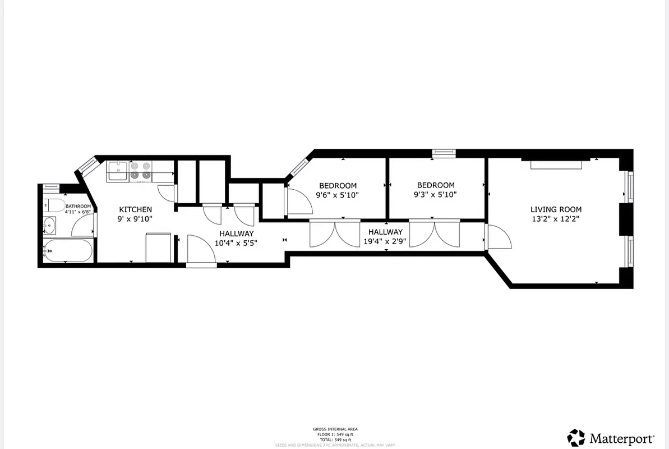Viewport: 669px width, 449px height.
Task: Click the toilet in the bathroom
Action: coord(52,205)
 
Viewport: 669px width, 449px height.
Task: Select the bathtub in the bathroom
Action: coord(67,251)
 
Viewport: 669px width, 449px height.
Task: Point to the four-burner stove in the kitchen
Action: coord(140,171)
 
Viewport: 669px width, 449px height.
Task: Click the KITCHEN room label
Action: coord(135,209)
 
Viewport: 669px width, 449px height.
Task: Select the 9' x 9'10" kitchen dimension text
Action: coord(135,219)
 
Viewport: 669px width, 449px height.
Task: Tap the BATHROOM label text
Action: coord(78,206)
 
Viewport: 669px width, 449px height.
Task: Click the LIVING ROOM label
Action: coord(556,209)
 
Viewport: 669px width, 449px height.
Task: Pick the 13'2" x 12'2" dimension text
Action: coord(556,219)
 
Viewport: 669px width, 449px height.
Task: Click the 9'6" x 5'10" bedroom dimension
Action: coord(338,195)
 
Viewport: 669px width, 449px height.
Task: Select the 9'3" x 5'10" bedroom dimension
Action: coord(436,195)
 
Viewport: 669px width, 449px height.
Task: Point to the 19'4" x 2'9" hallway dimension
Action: coord(385,242)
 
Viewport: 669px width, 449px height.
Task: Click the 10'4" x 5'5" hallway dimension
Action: coord(236,244)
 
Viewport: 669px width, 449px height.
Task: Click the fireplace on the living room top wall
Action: coord(556,164)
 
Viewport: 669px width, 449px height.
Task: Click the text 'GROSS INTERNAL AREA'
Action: coord(335,429)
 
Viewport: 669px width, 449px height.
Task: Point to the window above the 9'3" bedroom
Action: coord(444,152)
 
